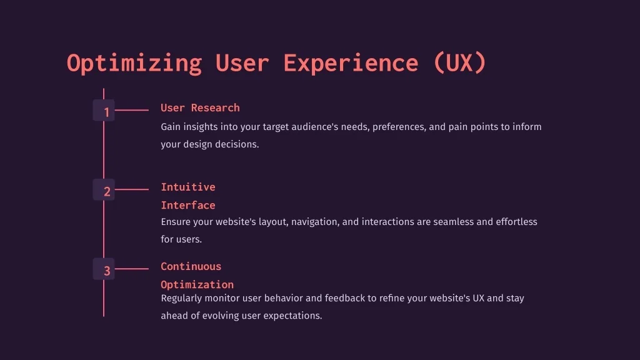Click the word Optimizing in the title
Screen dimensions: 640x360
coord(134,64)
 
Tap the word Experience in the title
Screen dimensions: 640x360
coord(351,64)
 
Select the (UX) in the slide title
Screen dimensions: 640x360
coord(459,63)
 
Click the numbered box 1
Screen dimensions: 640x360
coord(104,110)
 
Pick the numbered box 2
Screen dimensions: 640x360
coord(104,189)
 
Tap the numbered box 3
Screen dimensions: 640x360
coord(104,269)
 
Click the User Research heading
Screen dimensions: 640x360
coord(200,107)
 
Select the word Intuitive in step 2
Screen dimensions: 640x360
coord(187,187)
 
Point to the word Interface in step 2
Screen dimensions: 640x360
coord(187,205)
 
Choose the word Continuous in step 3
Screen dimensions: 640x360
coord(191,266)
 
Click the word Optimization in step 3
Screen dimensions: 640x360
coord(197,284)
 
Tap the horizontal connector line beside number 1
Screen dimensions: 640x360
coord(131,110)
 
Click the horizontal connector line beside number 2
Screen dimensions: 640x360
coord(131,189)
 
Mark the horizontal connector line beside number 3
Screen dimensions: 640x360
coord(131,269)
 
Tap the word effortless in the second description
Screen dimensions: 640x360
coord(516,222)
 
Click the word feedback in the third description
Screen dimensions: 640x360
coord(345,298)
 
